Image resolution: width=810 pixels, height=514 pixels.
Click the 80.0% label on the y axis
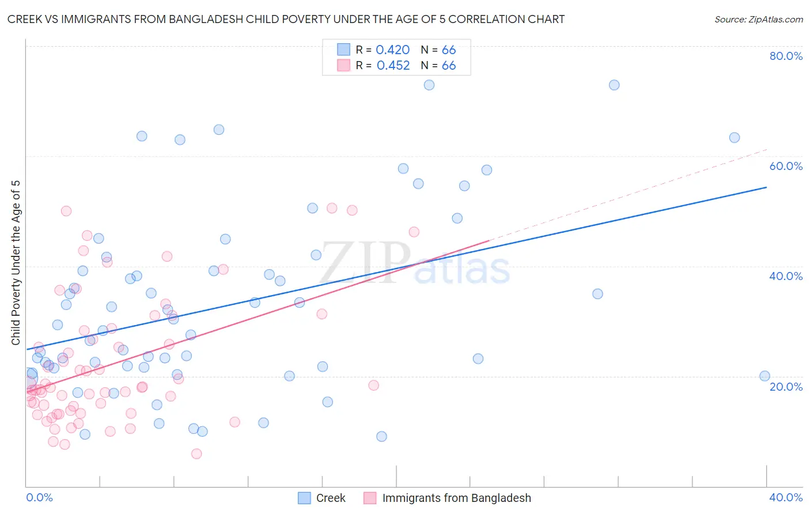786,56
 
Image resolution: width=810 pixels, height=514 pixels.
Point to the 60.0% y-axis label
786,166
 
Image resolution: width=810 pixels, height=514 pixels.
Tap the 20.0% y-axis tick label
786,387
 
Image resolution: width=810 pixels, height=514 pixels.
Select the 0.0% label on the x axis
39,497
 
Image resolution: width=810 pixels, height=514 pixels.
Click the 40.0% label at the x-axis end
786,497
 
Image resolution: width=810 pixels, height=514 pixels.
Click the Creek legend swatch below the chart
304,498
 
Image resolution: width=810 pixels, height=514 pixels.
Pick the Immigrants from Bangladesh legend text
456,498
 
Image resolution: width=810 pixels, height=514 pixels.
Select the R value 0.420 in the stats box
392,50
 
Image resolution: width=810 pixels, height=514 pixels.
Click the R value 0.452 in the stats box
393,66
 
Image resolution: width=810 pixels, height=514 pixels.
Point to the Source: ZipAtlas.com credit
758,19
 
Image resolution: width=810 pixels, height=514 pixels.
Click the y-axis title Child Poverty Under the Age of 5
16,263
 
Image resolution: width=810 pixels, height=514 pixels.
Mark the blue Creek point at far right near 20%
764,376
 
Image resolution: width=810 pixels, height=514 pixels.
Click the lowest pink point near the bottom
196,454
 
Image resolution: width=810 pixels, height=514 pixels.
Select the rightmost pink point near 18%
373,385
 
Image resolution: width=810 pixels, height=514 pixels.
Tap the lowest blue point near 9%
381,437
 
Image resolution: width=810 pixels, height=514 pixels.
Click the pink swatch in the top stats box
343,65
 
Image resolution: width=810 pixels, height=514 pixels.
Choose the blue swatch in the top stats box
343,50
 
